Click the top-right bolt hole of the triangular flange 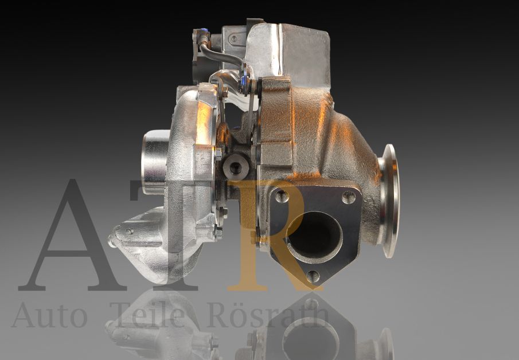click(348, 198)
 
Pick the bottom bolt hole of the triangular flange click(313, 276)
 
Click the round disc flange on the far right click(389, 200)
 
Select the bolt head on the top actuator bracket click(233, 38)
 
